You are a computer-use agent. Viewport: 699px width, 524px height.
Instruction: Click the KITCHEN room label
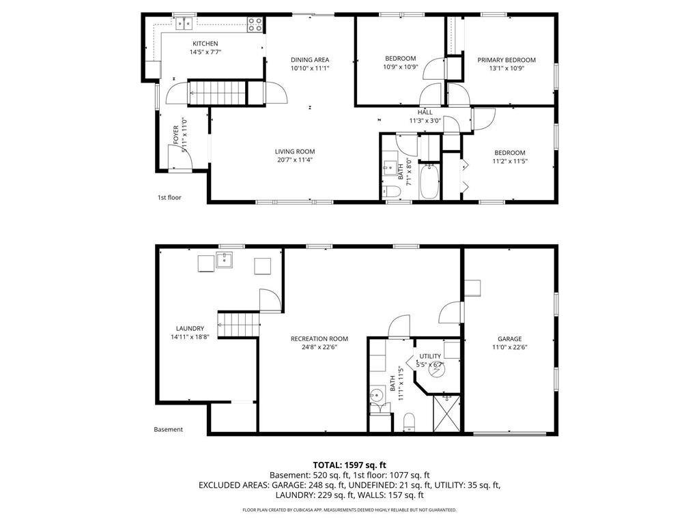pos(205,44)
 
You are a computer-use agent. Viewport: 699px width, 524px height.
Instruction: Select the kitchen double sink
pos(184,24)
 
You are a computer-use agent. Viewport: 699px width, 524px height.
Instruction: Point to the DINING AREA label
pos(310,60)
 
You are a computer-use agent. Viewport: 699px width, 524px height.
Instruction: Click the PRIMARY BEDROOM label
pos(506,60)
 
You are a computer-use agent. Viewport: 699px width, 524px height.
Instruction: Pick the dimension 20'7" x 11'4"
pos(295,160)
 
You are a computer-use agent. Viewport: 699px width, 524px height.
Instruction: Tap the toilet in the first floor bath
pos(390,191)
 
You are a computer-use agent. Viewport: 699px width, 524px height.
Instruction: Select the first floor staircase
pos(216,92)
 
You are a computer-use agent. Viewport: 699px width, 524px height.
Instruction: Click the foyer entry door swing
pos(179,157)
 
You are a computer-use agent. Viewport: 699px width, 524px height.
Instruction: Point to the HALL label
pos(425,113)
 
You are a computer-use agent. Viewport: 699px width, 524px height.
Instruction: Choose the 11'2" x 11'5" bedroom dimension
pos(510,161)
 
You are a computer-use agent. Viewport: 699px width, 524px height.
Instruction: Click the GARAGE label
pos(509,339)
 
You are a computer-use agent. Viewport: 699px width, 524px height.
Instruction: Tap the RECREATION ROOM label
pos(319,338)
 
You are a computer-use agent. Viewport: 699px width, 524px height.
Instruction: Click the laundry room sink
pos(224,260)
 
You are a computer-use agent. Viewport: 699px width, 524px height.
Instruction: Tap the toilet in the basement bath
pos(409,422)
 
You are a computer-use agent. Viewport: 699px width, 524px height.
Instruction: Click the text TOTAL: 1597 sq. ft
pos(349,465)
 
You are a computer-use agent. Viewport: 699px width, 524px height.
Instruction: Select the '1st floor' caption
pos(169,198)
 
